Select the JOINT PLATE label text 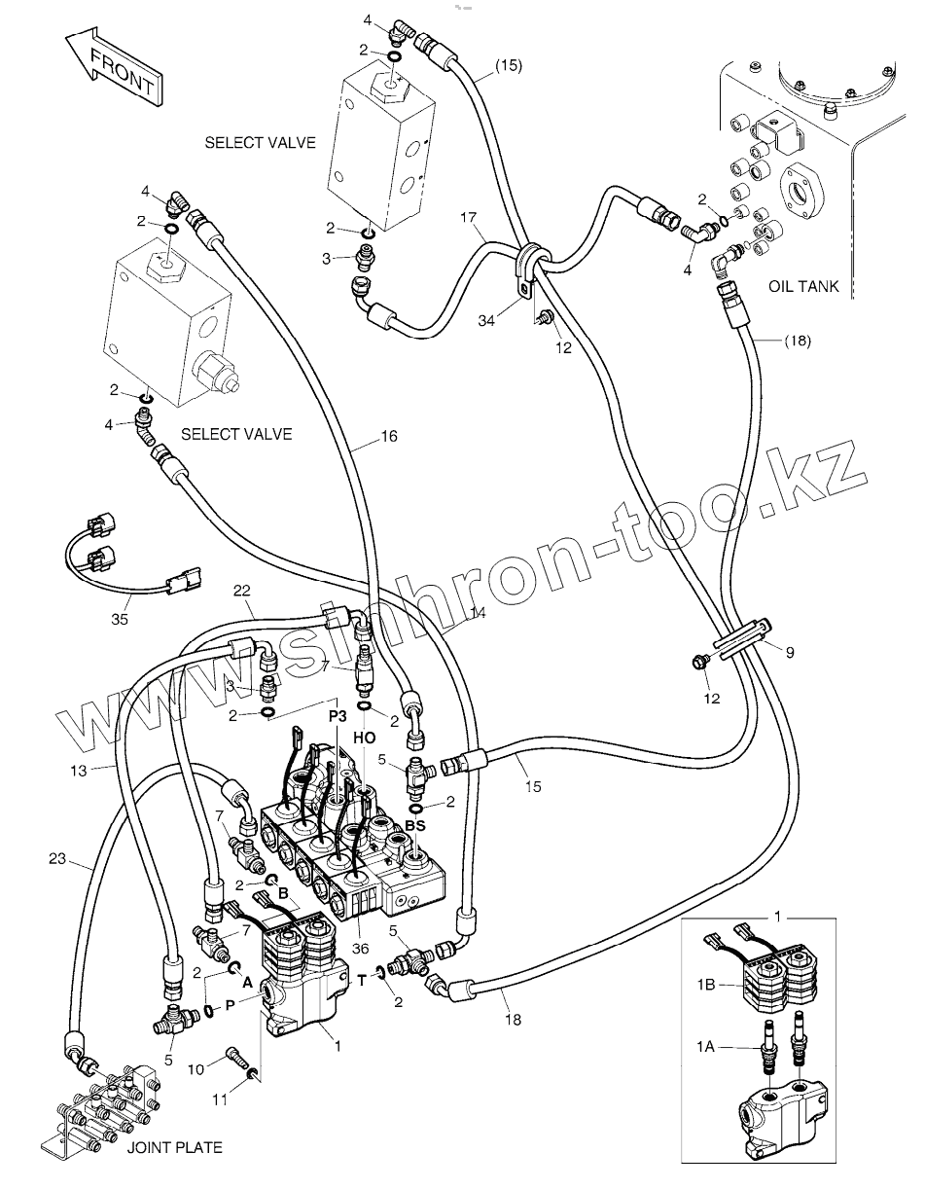point(174,1147)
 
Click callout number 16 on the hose point(388,437)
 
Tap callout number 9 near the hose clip point(790,653)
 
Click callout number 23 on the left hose point(58,859)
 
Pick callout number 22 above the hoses point(242,590)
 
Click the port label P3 point(337,715)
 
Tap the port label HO point(365,739)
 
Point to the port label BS point(415,825)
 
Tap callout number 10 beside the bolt point(195,1069)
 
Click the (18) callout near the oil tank point(796,341)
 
